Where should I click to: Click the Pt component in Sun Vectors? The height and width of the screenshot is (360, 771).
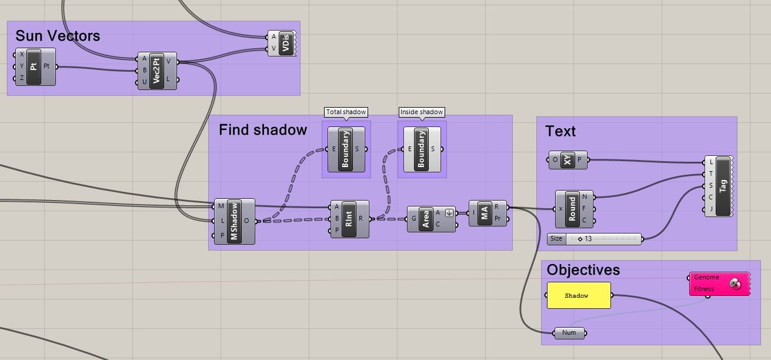[x=34, y=66]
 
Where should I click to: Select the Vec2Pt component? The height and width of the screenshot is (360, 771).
[x=156, y=71]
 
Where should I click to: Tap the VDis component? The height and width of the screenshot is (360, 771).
[x=286, y=43]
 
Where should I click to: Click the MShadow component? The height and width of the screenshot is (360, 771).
[x=234, y=221]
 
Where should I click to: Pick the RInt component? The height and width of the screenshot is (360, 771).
[x=349, y=219]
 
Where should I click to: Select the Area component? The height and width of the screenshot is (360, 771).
[x=426, y=219]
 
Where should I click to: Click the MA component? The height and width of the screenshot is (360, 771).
[x=485, y=213]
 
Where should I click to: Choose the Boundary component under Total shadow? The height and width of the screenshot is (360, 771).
[x=345, y=149]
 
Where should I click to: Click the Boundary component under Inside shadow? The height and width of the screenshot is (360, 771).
[x=420, y=149]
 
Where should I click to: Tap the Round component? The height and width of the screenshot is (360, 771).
[x=572, y=209]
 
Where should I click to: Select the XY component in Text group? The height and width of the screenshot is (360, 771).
[x=567, y=159]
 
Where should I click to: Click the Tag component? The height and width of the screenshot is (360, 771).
[x=723, y=185]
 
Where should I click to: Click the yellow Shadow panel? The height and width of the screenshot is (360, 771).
[x=579, y=295]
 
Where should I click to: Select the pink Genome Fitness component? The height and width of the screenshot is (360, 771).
[x=719, y=284]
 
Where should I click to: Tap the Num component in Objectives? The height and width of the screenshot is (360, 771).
[x=569, y=333]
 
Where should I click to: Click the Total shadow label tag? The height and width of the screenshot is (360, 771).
[x=346, y=112]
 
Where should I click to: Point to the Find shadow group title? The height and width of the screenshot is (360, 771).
[x=263, y=130]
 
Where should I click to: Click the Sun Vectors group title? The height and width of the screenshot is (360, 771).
[x=58, y=36]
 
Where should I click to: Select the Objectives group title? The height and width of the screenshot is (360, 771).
[x=583, y=270]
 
